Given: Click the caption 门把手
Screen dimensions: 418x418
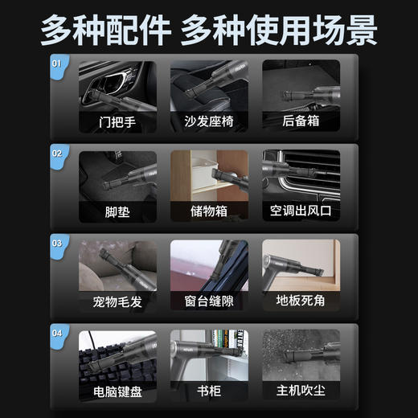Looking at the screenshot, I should click(x=118, y=124).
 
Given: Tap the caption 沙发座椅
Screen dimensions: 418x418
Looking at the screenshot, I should click(x=209, y=124).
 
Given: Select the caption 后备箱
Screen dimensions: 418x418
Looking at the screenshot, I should click(x=301, y=124).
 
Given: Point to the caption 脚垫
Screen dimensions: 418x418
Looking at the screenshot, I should click(x=118, y=213).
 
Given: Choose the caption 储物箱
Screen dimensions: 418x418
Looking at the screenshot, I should click(x=209, y=213).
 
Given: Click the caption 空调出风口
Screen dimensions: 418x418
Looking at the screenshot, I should click(x=301, y=213).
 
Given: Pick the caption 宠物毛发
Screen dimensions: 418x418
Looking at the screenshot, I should click(x=118, y=303).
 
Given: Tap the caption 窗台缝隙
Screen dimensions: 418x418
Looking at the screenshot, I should click(x=209, y=303).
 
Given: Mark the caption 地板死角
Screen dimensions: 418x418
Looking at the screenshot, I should click(x=301, y=303).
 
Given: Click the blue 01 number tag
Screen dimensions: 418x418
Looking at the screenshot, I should click(x=56, y=63).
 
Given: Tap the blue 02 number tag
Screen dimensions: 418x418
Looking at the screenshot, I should click(x=56, y=152).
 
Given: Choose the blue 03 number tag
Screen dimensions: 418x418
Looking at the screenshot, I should click(x=56, y=242).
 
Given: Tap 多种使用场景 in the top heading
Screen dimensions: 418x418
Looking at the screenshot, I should click(x=278, y=30).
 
